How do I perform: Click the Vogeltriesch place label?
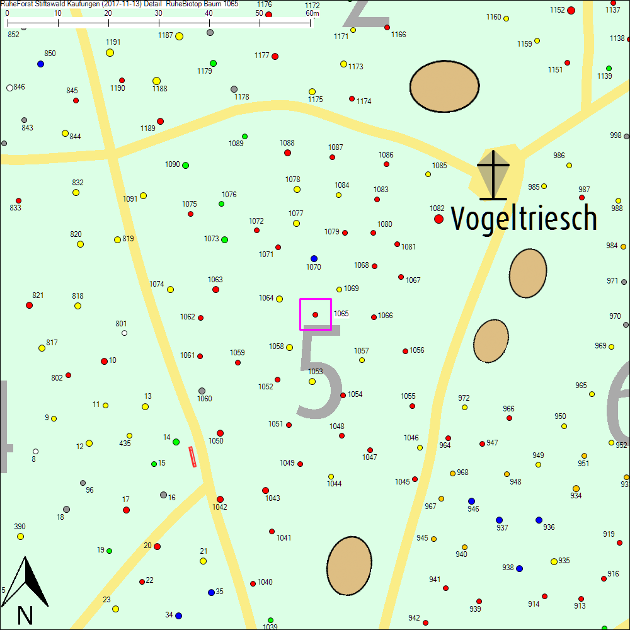tap(524, 219)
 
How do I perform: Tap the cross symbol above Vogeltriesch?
tap(493, 174)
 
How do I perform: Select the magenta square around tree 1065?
tap(316, 314)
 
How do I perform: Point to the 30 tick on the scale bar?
tap(159, 23)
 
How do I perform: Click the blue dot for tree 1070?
tap(314, 258)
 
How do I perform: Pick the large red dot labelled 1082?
tap(438, 219)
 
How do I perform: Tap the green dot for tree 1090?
tap(185, 165)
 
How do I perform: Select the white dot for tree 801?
tap(124, 333)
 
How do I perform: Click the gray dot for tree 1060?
tap(202, 391)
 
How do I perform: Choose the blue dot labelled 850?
tap(41, 64)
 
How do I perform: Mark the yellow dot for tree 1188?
tap(156, 81)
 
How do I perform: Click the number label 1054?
tap(355, 394)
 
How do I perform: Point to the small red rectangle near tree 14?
tap(193, 457)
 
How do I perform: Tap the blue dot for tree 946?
tap(471, 501)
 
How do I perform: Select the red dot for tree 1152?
tap(571, 10)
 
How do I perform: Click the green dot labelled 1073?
tap(224, 239)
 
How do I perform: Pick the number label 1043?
tap(273, 498)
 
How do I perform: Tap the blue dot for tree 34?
tap(178, 616)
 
